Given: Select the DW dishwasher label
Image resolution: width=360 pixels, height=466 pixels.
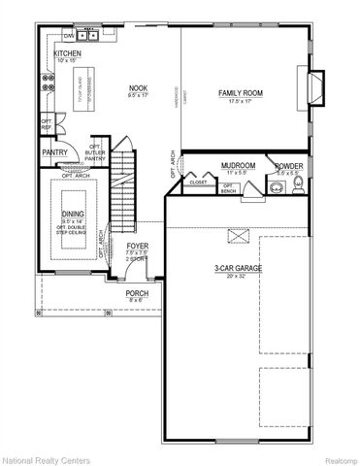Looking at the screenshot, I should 69,36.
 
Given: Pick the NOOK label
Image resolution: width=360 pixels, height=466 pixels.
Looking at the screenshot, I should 138,89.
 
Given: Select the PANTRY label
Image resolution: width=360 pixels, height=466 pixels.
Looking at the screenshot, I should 54,152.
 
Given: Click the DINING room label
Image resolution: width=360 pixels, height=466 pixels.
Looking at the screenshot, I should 73,215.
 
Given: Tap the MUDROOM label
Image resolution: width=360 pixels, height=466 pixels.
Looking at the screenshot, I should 238,166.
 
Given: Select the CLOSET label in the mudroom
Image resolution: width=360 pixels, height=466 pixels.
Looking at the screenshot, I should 198,181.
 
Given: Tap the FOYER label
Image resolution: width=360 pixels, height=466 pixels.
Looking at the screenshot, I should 138,247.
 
